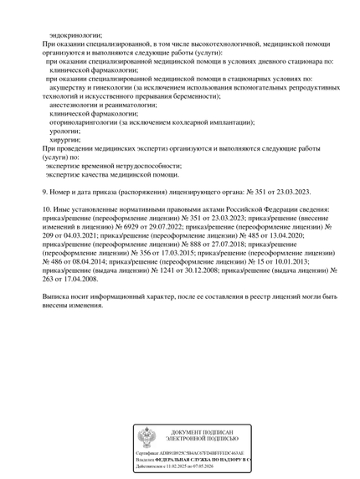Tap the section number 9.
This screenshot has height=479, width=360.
[x=44, y=192]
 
